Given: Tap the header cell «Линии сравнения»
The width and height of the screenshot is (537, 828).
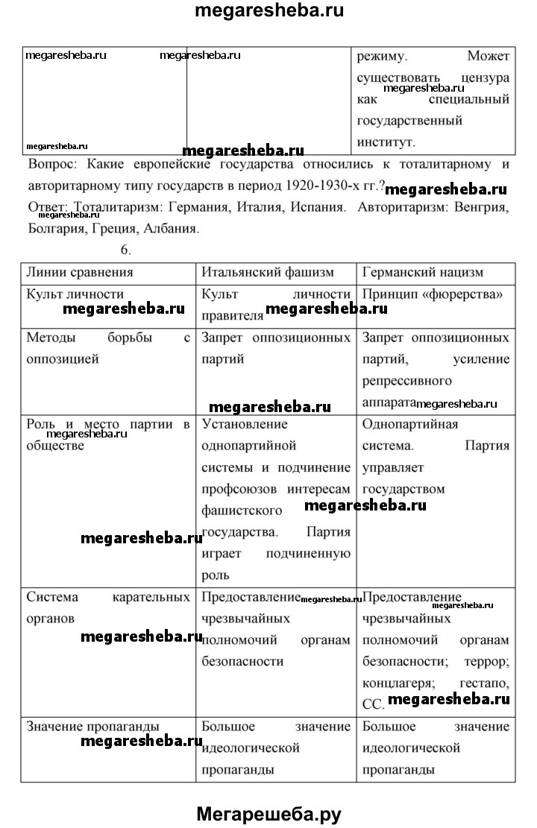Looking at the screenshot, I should (80, 272).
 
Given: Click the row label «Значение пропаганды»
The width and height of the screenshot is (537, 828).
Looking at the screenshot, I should (93, 726).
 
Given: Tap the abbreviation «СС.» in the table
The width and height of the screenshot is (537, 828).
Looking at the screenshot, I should (373, 703).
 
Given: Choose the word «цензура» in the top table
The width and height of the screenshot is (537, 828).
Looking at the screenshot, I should (485, 77).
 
